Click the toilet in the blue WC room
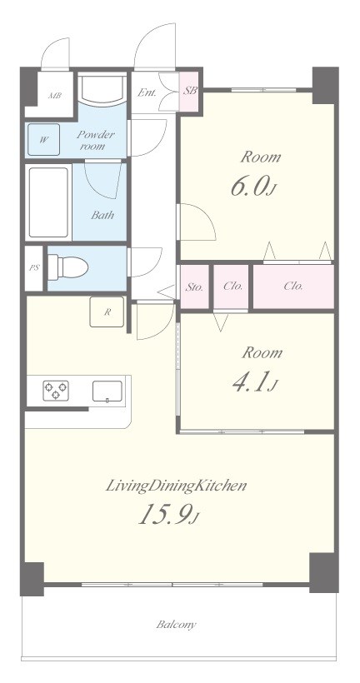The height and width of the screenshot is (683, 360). [67, 267]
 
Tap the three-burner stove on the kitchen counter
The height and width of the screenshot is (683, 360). [56, 390]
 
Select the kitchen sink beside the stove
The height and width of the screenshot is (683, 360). [107, 391]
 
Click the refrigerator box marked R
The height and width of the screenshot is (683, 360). [107, 312]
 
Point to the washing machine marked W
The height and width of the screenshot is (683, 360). [43, 139]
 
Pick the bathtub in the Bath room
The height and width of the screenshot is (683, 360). [48, 202]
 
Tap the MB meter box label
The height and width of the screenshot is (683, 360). [54, 96]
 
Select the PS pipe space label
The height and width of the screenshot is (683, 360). [34, 268]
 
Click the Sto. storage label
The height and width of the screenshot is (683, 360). [194, 287]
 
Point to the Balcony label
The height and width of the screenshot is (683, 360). [177, 625]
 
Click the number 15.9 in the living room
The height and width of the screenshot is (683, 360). [165, 516]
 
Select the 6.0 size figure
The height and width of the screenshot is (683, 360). [249, 187]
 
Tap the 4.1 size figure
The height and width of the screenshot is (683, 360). [251, 383]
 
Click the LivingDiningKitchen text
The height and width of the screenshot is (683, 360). [176, 486]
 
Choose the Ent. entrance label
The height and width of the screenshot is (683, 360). [147, 92]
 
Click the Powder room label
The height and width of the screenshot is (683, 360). [96, 140]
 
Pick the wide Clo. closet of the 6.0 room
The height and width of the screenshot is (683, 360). [293, 287]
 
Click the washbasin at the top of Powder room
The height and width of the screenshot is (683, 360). [102, 91]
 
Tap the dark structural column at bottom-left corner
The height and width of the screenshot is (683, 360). [32, 579]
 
